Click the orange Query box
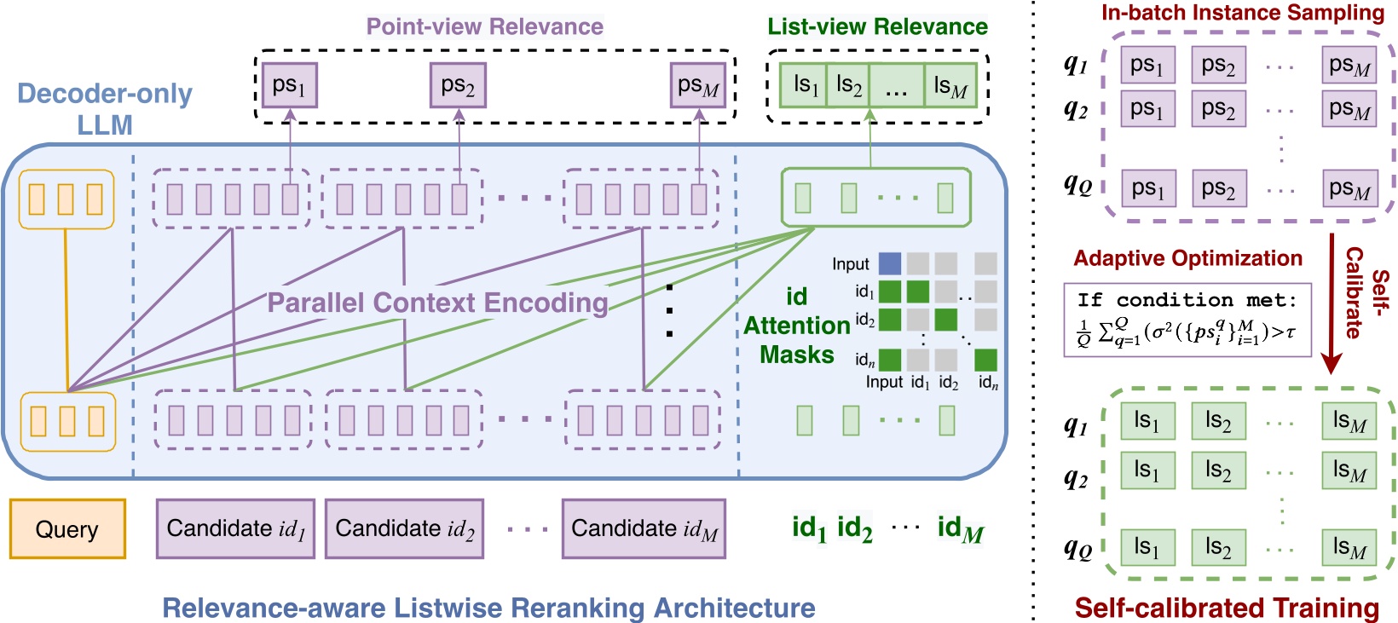pos(67,529)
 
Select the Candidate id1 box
pos(235,529)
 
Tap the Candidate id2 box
pos(404,529)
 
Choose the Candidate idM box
pos(644,529)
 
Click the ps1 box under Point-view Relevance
pos(289,85)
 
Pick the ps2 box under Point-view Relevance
pos(458,85)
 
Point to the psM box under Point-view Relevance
pos(698,85)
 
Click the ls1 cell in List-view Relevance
pos(805,85)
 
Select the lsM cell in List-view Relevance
pos(950,85)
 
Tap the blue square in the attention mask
pos(889,263)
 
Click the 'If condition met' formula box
pos(1187,320)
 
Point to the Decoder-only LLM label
pos(105,108)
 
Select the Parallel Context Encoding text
pos(437,303)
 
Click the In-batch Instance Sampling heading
pos(1242,13)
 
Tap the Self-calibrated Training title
pos(1226,608)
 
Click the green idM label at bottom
pos(960,528)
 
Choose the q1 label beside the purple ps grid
pos(1076,64)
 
